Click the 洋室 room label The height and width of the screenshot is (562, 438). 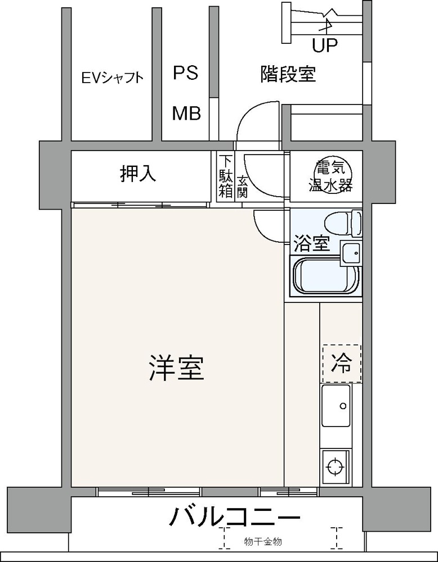(x=176, y=368)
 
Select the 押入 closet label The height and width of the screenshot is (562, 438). (x=137, y=174)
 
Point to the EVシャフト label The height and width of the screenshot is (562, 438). (x=112, y=78)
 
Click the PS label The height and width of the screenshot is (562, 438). (x=185, y=73)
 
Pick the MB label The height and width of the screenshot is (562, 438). (x=186, y=114)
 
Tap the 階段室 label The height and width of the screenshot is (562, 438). (x=288, y=74)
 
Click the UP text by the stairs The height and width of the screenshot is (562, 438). (x=325, y=46)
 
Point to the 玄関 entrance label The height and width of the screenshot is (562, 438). (x=242, y=186)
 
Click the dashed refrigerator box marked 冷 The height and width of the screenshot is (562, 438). (x=342, y=364)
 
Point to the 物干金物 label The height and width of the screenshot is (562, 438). (x=263, y=542)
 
